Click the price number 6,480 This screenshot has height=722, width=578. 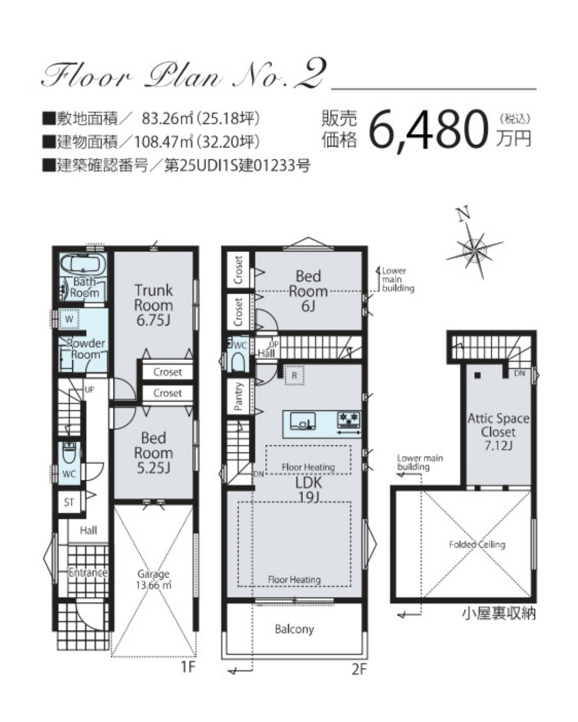[x=428, y=130]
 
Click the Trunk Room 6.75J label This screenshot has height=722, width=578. [x=154, y=305]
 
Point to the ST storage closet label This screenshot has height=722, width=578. [x=69, y=502]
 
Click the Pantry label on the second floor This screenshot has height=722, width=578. [x=238, y=396]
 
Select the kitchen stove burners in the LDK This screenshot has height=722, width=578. [x=349, y=420]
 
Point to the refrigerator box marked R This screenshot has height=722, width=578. [x=294, y=375]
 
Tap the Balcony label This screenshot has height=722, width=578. [x=294, y=629]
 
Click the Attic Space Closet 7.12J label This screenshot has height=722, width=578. [x=498, y=432]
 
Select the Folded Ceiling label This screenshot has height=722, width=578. [x=477, y=544]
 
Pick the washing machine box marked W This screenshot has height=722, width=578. [x=69, y=319]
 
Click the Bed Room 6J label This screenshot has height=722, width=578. [x=308, y=291]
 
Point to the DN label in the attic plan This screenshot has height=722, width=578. [x=519, y=373]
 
